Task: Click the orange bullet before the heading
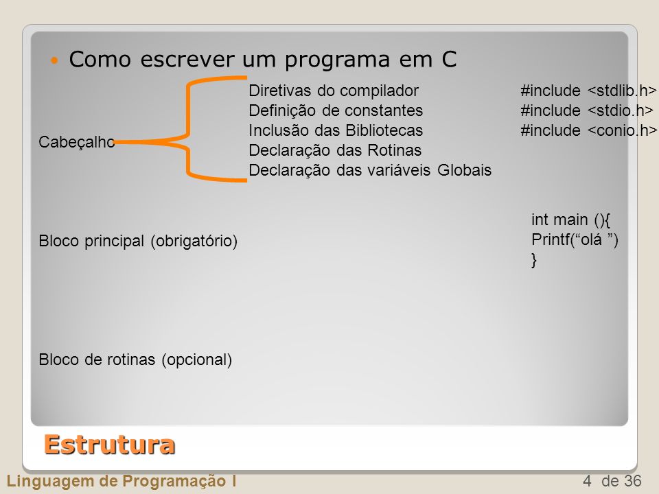54,60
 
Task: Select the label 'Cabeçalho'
76,142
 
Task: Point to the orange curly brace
188,129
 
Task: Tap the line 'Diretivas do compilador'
334,91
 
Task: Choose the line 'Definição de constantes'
336,110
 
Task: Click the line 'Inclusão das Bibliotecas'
336,130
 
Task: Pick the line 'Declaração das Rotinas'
335,150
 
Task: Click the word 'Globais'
465,170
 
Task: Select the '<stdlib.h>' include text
622,91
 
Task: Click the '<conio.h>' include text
622,130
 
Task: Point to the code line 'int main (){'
570,220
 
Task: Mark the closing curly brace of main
534,260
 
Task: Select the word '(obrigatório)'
194,241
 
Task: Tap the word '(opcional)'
197,360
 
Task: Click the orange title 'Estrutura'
109,445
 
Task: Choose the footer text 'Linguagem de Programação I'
122,481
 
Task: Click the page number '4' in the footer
587,480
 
